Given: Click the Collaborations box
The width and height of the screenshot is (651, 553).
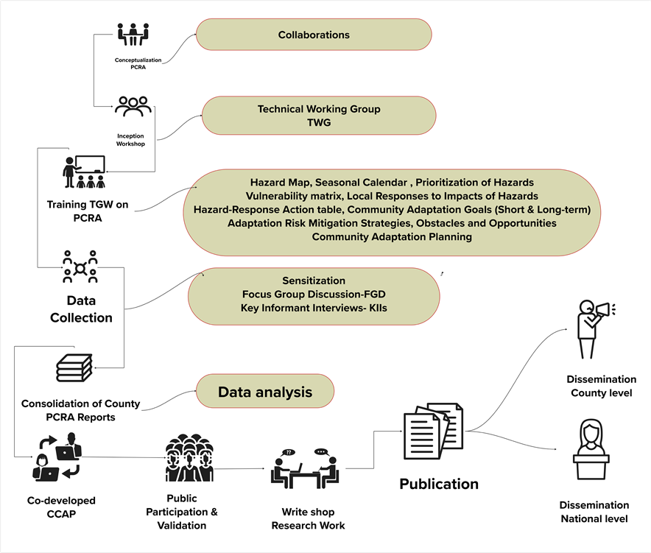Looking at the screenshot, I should (313, 35).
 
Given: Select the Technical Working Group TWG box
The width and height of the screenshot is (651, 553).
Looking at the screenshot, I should (319, 116).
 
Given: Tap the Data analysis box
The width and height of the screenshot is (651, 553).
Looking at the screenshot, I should (264, 392).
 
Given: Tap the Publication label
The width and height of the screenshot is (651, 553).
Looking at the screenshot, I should (439, 484).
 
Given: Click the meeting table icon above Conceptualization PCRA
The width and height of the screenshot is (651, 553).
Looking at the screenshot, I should (133, 34).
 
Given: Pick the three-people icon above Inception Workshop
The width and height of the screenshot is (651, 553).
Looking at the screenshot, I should (133, 107).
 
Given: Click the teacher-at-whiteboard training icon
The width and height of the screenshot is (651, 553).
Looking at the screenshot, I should (85, 172).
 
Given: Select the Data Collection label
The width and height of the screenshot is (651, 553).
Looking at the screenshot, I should (81, 309).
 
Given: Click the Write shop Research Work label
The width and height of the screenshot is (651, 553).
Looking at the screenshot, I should (308, 518).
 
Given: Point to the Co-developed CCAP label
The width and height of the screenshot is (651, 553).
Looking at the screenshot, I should (62, 507).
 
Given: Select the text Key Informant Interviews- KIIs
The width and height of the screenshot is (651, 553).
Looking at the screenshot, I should (314, 307).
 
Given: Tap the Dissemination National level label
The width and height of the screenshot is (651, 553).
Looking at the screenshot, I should (594, 512).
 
